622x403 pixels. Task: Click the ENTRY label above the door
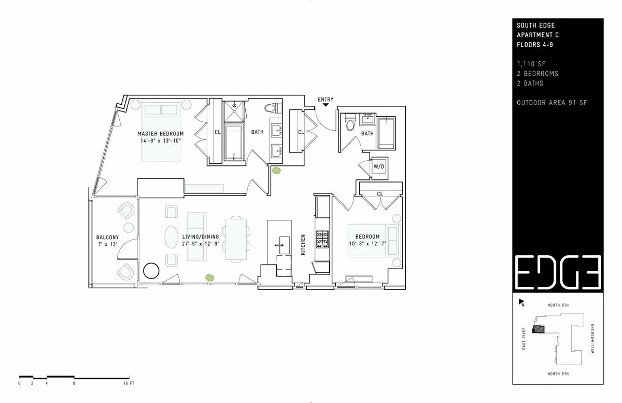click(326, 100)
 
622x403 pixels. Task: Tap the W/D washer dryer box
click(379, 166)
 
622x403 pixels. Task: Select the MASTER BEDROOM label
click(160, 134)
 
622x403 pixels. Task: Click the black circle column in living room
click(151, 270)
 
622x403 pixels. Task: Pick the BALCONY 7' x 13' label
click(107, 241)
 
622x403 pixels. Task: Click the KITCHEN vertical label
click(303, 244)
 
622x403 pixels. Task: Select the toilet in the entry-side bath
click(350, 123)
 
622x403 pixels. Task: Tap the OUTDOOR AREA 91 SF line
click(552, 103)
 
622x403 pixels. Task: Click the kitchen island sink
click(284, 240)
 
